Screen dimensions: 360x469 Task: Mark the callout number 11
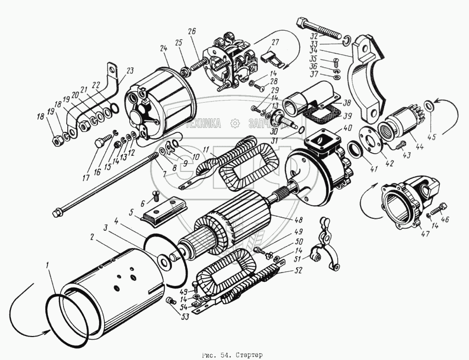(207, 150)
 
